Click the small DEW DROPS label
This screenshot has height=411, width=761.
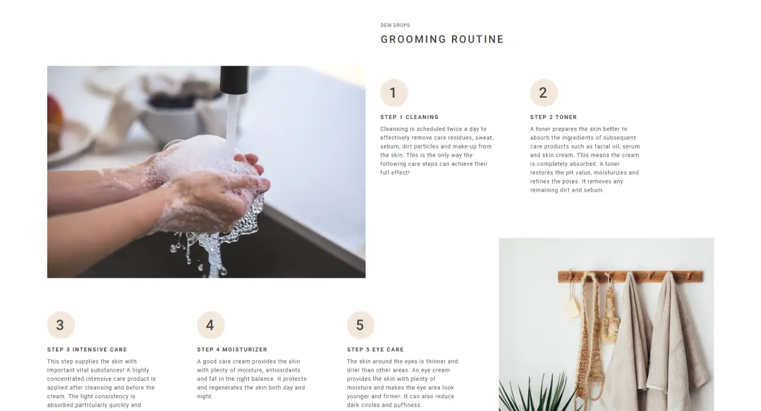395,25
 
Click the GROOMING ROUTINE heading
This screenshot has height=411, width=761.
442,39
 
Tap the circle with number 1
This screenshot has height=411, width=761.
394,93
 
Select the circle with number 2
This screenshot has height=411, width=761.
544,93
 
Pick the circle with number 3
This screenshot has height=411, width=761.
61,325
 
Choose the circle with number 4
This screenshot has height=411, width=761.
211,325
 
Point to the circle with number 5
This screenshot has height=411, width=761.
361,325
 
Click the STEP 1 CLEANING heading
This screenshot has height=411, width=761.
410,117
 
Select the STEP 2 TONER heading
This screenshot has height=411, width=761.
553,117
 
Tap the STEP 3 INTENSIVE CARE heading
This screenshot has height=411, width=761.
87,350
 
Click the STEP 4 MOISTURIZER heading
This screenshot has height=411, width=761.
232,350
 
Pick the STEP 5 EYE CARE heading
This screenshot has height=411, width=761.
375,350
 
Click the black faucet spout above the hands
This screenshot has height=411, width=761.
234,80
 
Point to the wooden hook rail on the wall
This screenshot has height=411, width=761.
630,276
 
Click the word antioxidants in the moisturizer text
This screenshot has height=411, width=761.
283,370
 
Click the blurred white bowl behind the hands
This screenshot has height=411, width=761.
170,122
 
